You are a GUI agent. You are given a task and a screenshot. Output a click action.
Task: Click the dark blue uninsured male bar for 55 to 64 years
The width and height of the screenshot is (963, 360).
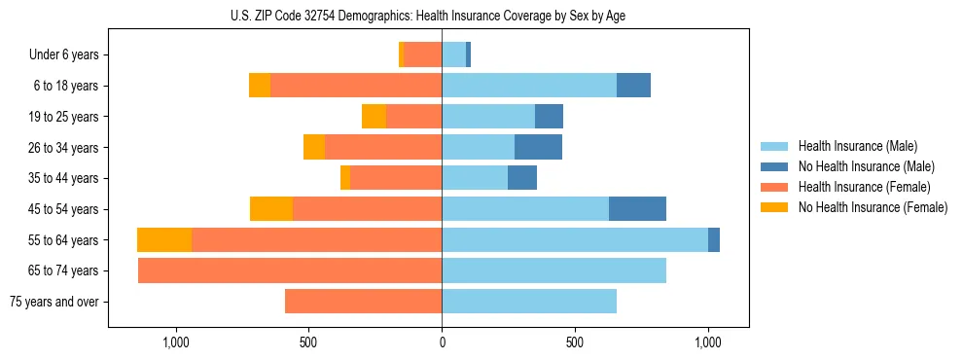coord(714,240)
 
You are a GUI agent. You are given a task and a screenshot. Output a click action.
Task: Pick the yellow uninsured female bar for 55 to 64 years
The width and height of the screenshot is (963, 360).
coord(164,240)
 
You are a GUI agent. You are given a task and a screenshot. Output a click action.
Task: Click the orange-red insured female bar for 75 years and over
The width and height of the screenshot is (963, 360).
coord(363,302)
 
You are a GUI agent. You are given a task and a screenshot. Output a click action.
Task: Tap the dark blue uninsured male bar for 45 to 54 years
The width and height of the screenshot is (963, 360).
coord(637,209)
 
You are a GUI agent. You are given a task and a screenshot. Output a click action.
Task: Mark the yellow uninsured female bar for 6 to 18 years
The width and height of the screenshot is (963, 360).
coord(260,86)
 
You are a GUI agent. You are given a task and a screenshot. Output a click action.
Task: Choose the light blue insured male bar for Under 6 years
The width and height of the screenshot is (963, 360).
coord(453,55)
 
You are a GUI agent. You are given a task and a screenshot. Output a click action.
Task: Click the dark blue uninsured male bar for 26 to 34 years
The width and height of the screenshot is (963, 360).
coord(538,148)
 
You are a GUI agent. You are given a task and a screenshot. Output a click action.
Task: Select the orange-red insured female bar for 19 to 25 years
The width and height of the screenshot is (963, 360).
coord(413,117)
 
